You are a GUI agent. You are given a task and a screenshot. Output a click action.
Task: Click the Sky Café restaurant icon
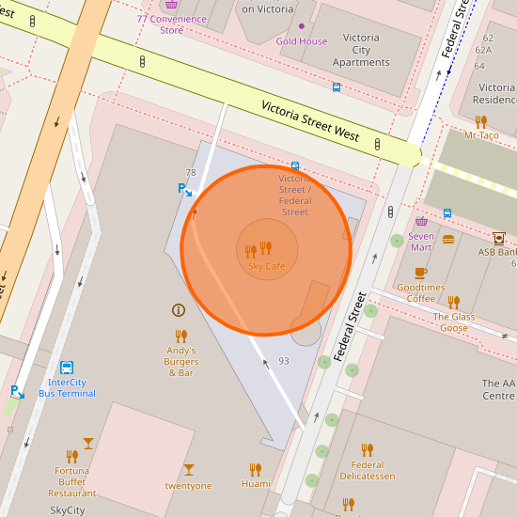pyautogui.click(x=258, y=249)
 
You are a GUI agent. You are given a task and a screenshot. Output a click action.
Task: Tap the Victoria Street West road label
pyautogui.click(x=310, y=120)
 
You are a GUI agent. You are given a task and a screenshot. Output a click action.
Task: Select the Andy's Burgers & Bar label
pyautogui.click(x=180, y=361)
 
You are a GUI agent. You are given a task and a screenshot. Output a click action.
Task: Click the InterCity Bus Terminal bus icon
pyautogui.click(x=67, y=368)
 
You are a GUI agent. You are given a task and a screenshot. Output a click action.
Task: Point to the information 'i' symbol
pyautogui.click(x=178, y=310)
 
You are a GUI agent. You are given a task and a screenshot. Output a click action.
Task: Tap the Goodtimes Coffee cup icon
pyautogui.click(x=420, y=273)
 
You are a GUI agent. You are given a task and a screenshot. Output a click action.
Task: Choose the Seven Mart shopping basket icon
pyautogui.click(x=421, y=222)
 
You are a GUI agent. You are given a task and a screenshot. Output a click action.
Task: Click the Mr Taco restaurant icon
pyautogui.click(x=481, y=121)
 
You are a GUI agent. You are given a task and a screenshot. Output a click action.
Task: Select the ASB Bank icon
pyautogui.click(x=498, y=238)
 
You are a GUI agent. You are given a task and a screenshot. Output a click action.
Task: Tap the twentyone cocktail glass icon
pyautogui.click(x=189, y=469)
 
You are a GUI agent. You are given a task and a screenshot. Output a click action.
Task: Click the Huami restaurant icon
pyautogui.click(x=255, y=469)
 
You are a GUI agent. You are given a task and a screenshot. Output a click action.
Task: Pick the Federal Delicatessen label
pyautogui.click(x=368, y=470)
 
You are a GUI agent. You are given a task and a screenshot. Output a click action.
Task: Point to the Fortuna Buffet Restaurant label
pyautogui.click(x=72, y=481)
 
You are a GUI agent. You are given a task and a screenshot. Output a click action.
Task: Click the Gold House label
pyautogui.click(x=301, y=41)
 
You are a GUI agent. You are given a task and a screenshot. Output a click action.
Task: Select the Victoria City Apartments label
pyautogui.click(x=361, y=51)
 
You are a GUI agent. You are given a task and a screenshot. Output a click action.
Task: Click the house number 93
pyautogui.click(x=284, y=361)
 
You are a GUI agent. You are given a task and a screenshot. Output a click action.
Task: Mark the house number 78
pyautogui.click(x=191, y=173)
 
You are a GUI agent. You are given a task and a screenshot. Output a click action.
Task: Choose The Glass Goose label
pyautogui.click(x=454, y=322)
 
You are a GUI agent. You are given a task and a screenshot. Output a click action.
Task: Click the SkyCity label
pyautogui.click(x=68, y=510)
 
